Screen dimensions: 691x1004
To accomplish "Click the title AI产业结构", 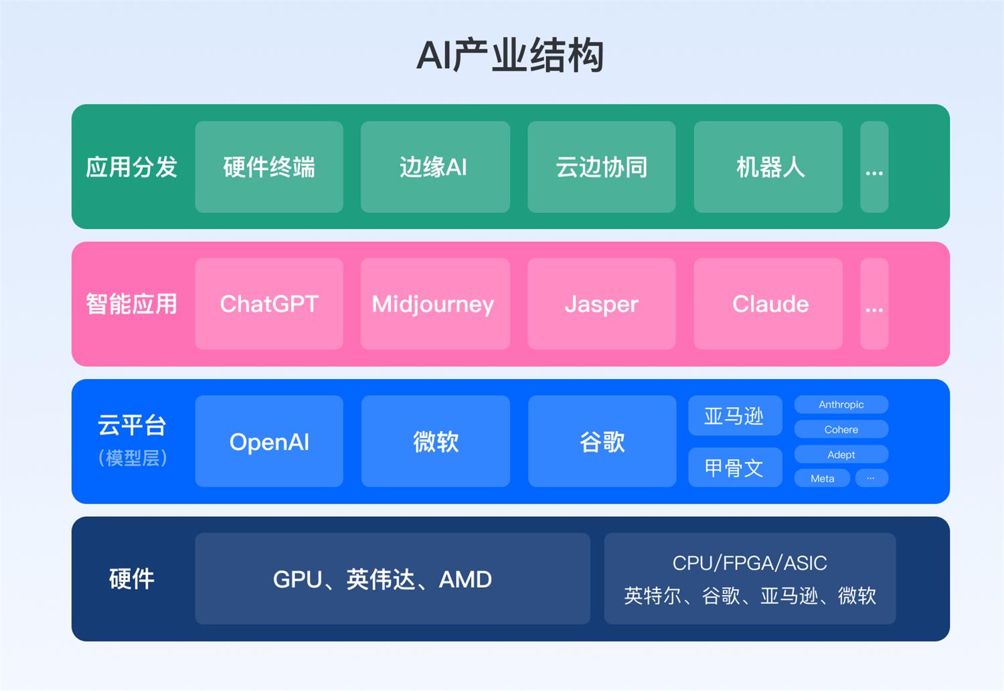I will [x=510, y=56].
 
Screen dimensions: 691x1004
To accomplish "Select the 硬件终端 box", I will [x=269, y=167].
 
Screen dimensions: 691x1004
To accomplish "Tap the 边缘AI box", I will [x=435, y=167].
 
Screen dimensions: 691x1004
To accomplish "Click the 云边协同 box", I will [x=601, y=167].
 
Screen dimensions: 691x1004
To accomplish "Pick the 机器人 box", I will [x=768, y=167].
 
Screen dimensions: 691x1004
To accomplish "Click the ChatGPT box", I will [x=269, y=304].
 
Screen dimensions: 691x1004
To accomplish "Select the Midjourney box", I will [x=435, y=304].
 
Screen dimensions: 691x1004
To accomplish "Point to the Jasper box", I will [x=601, y=304].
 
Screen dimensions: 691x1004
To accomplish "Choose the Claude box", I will [x=768, y=304].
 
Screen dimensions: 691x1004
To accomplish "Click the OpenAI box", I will [x=269, y=441].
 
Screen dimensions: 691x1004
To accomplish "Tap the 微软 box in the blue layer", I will [x=435, y=441].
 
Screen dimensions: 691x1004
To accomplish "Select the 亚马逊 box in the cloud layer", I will [x=735, y=416].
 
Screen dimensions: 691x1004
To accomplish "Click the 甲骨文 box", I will [x=735, y=467].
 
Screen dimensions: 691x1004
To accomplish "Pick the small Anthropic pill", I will [x=841, y=404].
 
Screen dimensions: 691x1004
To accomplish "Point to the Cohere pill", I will [x=841, y=429].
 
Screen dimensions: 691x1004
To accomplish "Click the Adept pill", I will [x=841, y=455].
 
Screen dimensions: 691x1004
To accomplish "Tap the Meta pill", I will [x=822, y=478].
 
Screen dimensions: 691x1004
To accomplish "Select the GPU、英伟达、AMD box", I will [x=392, y=579].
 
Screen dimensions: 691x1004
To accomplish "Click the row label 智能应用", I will [x=132, y=304].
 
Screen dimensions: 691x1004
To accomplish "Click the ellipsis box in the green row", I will [x=874, y=167].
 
